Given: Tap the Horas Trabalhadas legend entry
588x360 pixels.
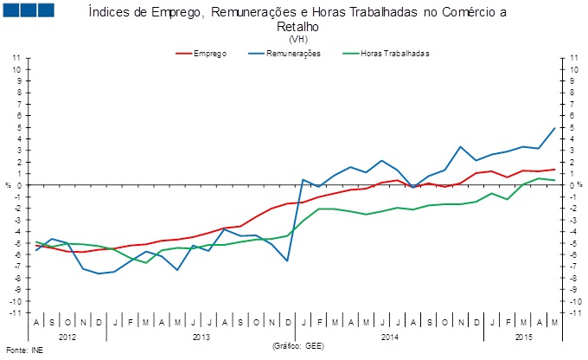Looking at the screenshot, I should (x=394, y=54).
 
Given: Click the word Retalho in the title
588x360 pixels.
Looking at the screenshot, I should (x=298, y=27).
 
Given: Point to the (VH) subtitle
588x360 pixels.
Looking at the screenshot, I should (x=298, y=39).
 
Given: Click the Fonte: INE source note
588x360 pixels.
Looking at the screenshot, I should (x=23, y=351).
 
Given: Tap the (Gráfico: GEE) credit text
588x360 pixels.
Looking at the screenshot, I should (x=298, y=345).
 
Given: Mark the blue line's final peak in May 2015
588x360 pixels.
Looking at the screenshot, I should (x=553, y=128).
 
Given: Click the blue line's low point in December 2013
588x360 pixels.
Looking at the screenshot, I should (x=286, y=260).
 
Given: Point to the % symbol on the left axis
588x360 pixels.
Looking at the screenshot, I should (x=7, y=185).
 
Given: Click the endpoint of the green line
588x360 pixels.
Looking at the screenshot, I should (x=553, y=180).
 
